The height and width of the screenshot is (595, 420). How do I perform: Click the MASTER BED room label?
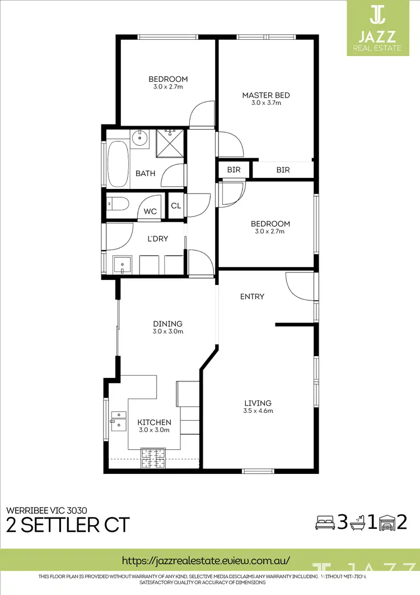pyautogui.click(x=265, y=95)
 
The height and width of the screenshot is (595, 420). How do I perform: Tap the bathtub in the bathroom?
pyautogui.click(x=118, y=164)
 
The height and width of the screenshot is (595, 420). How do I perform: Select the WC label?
pyautogui.click(x=150, y=211)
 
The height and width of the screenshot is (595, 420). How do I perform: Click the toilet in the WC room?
pyautogui.click(x=118, y=205)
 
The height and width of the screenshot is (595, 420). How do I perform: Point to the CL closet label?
pyautogui.click(x=176, y=206)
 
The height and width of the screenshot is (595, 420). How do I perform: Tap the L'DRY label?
pyautogui.click(x=157, y=239)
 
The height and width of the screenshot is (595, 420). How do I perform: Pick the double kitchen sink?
pyautogui.click(x=119, y=420)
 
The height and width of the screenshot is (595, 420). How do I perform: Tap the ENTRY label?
pyautogui.click(x=252, y=297)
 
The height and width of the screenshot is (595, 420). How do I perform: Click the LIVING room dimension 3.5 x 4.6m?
pyautogui.click(x=258, y=411)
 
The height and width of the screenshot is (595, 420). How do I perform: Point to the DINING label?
pyautogui.click(x=168, y=324)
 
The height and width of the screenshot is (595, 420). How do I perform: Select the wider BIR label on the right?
pyautogui.click(x=283, y=170)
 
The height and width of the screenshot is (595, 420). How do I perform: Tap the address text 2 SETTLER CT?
pyautogui.click(x=68, y=525)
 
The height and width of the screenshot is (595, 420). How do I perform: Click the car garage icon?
pyautogui.click(x=386, y=523)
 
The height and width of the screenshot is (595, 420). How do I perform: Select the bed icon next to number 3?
pyautogui.click(x=324, y=523)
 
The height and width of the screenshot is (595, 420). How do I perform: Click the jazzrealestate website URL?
pyautogui.click(x=206, y=560)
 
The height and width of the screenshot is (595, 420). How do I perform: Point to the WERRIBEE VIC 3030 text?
pyautogui.click(x=46, y=510)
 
